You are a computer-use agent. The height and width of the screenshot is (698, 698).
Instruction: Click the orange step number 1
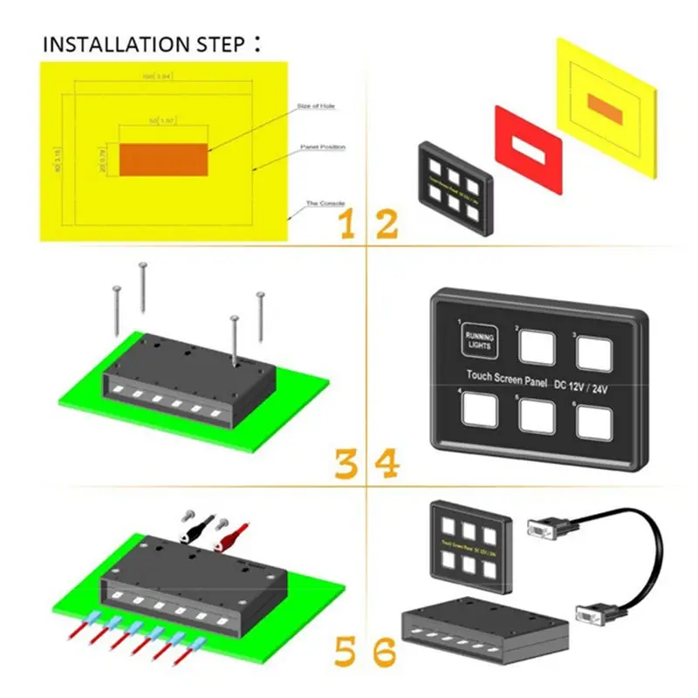[347, 225]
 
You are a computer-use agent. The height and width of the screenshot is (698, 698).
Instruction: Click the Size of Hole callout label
[316, 106]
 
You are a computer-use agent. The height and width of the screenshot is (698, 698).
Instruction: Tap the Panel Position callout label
[322, 147]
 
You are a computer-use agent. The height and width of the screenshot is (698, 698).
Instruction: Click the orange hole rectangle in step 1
[163, 160]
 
